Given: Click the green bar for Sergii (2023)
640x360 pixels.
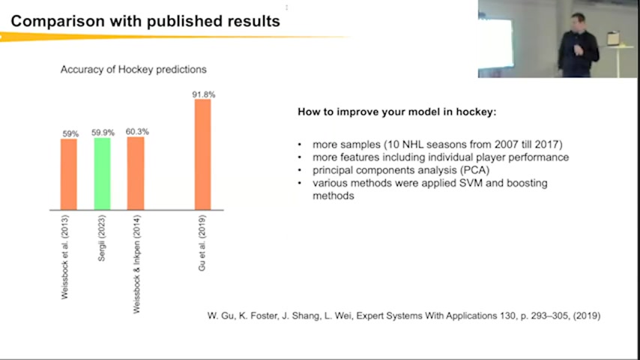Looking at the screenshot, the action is [102, 174].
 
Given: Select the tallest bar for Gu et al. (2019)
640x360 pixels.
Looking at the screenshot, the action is [203, 154].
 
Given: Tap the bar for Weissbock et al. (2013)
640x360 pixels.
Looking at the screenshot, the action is [69, 175].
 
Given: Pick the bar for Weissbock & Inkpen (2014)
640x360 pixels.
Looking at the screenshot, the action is [136, 173].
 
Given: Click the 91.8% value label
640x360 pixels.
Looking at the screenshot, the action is [204, 94].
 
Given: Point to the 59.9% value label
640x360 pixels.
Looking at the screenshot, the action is [103, 133].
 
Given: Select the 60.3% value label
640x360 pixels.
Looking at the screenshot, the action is [137, 131].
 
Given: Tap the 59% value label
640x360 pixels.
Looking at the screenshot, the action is [70, 133].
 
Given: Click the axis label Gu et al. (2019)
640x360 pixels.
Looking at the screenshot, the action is [202, 243].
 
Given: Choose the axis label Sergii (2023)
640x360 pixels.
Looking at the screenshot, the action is [102, 238].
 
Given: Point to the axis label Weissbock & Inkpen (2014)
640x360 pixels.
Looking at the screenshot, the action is [136, 265].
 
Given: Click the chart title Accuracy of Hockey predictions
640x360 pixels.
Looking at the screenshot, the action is [133, 70].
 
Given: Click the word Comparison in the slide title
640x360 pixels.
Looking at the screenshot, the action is [58, 21].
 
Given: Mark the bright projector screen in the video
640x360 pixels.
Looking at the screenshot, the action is [496, 43].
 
